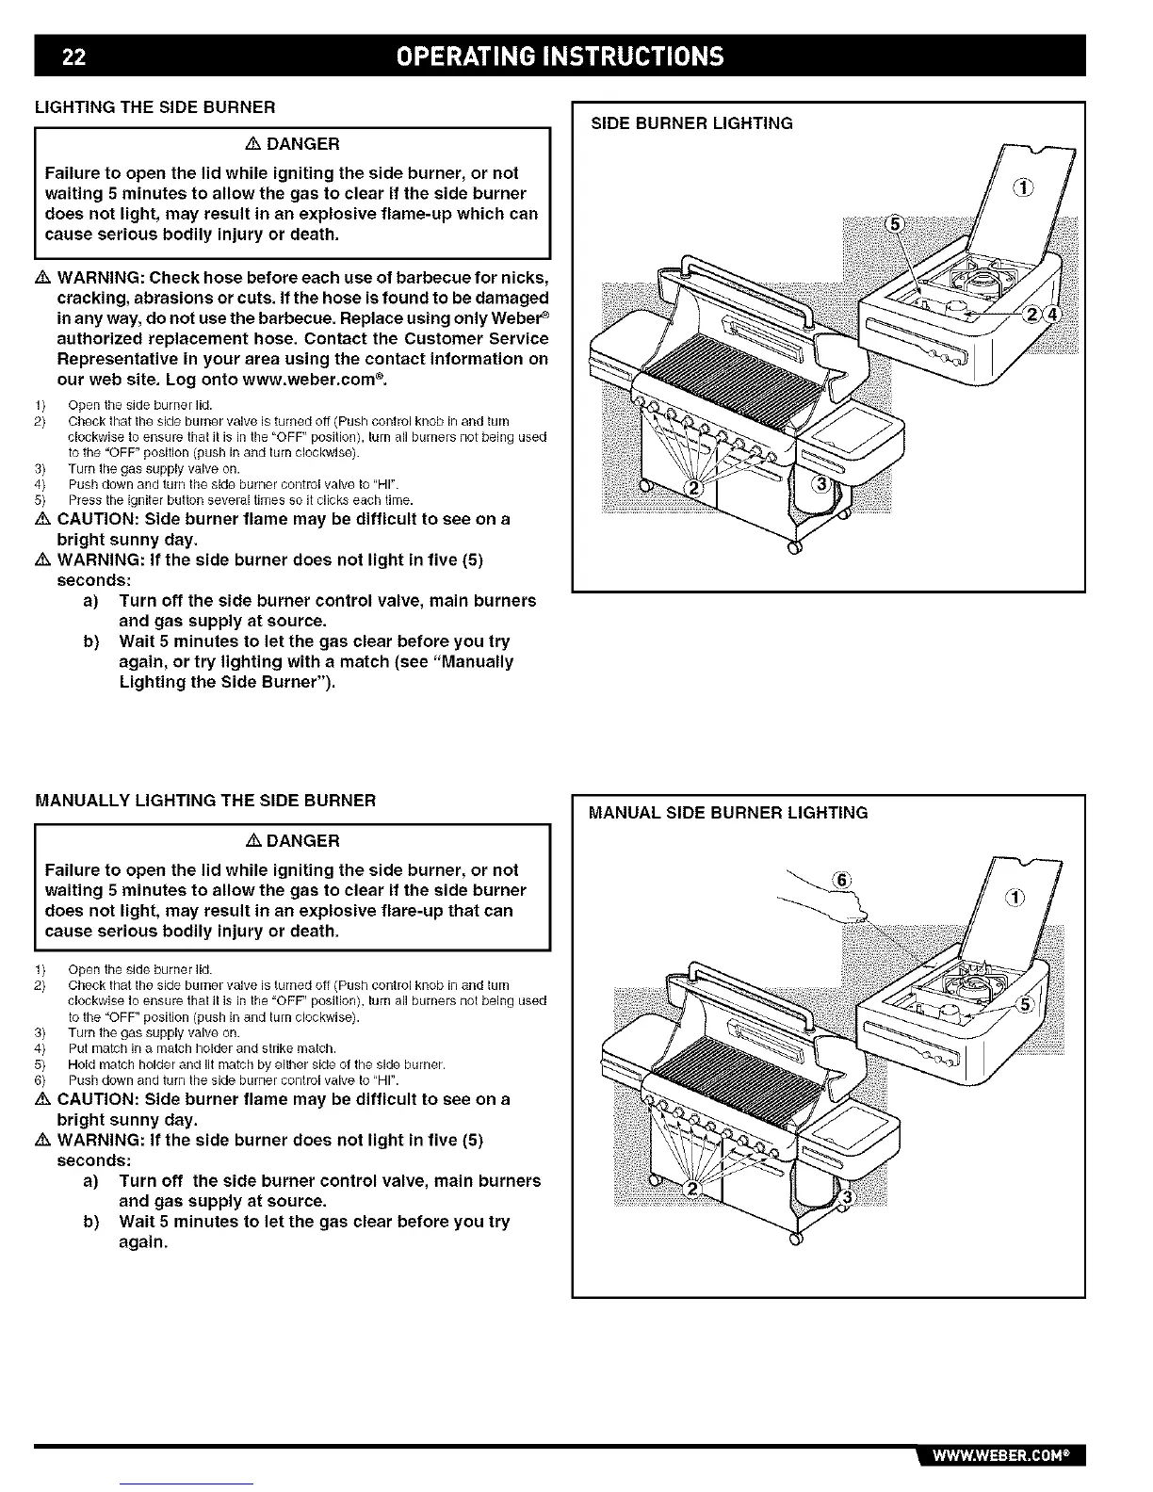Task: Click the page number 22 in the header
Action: point(74,57)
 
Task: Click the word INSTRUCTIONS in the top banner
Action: point(627,57)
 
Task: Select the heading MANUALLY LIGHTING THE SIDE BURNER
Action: point(205,801)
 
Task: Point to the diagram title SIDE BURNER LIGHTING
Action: point(691,123)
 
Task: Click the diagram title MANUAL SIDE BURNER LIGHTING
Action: point(728,812)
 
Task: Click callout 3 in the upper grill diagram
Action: point(821,484)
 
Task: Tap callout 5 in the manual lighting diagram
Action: point(1025,1004)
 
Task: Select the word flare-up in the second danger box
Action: point(424,911)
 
